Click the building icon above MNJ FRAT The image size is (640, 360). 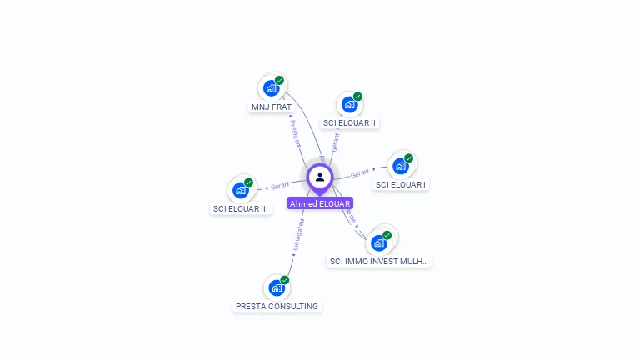coord(271,87)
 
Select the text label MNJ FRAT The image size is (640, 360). coord(272,107)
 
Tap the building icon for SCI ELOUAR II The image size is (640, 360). coord(349,104)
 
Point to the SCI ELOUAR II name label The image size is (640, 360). coord(349,122)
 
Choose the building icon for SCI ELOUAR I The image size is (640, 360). coord(401,166)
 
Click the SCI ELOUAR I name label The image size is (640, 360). coord(401,184)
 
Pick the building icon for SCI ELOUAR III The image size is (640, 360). coord(241,190)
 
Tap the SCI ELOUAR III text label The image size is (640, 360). coord(241,208)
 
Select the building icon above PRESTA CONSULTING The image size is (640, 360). coord(277,287)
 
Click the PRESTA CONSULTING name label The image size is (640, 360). coord(277,306)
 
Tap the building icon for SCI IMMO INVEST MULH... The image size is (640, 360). coord(379,242)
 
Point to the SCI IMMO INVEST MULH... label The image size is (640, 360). coord(379,261)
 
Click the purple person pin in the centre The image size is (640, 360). coord(320,177)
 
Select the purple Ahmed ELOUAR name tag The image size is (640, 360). coord(320,203)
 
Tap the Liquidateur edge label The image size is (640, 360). coord(298,235)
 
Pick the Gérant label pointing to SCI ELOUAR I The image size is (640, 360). coord(360,173)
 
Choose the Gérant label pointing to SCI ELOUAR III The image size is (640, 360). coord(280,185)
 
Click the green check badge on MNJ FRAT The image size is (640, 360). coord(279,80)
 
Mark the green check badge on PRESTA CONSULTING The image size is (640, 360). coord(285,280)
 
